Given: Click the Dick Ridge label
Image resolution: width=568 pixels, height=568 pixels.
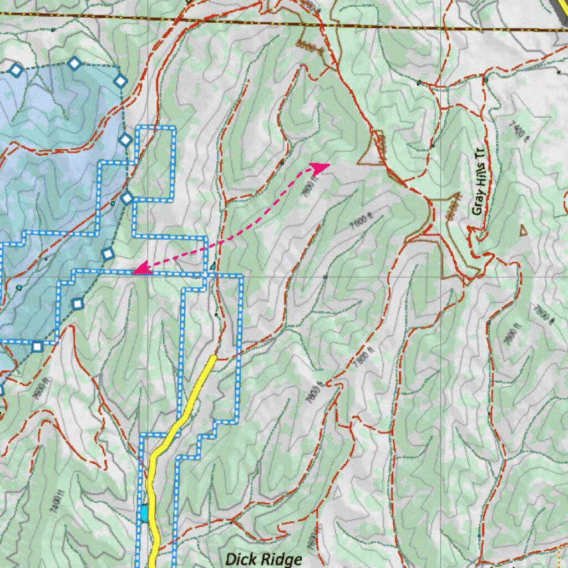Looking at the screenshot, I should coord(263,558).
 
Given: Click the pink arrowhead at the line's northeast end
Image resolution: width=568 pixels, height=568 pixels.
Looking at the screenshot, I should coord(320,166).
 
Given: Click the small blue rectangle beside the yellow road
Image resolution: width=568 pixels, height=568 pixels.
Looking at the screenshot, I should coord(144,513).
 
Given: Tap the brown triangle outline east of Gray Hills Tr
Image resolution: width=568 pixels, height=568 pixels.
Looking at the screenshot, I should coord(523,230).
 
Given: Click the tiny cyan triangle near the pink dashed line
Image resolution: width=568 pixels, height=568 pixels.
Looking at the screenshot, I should coord(212,266).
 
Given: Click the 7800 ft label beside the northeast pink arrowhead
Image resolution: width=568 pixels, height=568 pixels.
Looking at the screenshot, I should coord(311,183).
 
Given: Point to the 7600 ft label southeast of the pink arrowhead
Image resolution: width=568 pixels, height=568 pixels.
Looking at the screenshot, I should coord(360,222).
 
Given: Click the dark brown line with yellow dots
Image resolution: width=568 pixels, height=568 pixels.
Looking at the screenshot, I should coord(388,26).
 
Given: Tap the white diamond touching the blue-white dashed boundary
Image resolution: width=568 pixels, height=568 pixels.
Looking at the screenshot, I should coord(127,197).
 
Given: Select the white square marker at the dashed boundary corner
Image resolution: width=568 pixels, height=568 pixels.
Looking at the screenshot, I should coord(37,347).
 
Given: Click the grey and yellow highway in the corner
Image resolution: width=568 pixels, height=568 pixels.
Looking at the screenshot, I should coord(561,8).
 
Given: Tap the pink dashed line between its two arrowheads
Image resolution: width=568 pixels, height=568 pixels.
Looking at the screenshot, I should coord(233,237).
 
